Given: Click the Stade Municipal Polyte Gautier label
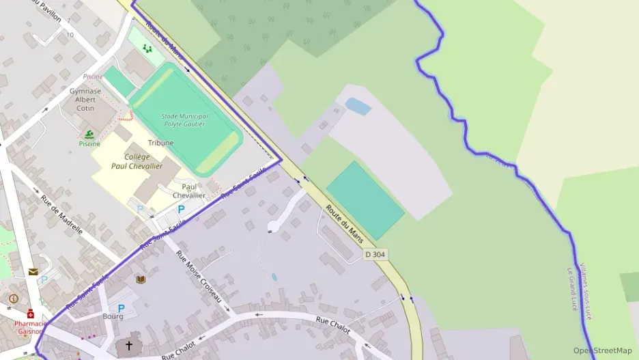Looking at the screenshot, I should (x=184, y=120).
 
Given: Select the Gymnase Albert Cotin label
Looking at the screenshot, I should (x=85, y=99).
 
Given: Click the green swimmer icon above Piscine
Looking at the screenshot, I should (x=89, y=134).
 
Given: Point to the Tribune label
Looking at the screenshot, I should (x=160, y=143).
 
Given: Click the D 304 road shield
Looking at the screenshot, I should (x=375, y=254).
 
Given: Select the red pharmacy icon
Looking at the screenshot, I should (x=31, y=314).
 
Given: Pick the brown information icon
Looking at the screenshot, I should (x=13, y=299).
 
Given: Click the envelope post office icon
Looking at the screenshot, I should (x=33, y=271).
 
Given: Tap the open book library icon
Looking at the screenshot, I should (x=141, y=279).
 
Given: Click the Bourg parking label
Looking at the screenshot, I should (x=113, y=316).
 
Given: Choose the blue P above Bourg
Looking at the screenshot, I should (x=122, y=308).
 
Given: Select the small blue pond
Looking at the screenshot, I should (x=358, y=106).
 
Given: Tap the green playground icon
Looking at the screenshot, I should (x=147, y=49).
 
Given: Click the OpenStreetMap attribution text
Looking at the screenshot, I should (x=602, y=350).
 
